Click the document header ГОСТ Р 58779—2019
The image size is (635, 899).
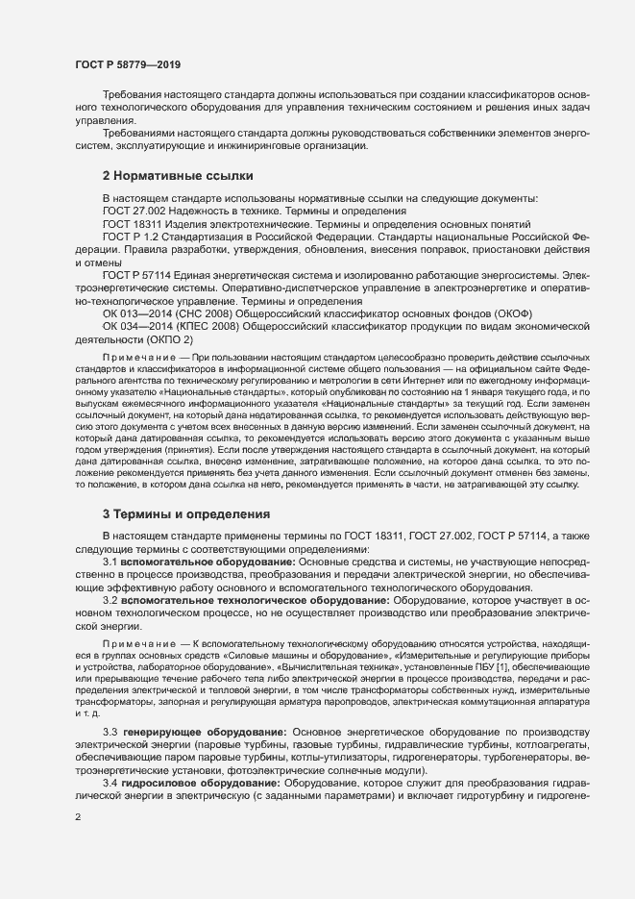coord(128,64)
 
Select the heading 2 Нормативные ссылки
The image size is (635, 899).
coord(164,176)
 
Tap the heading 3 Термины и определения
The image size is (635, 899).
coord(172,513)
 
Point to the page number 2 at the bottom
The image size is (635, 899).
coord(77,818)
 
